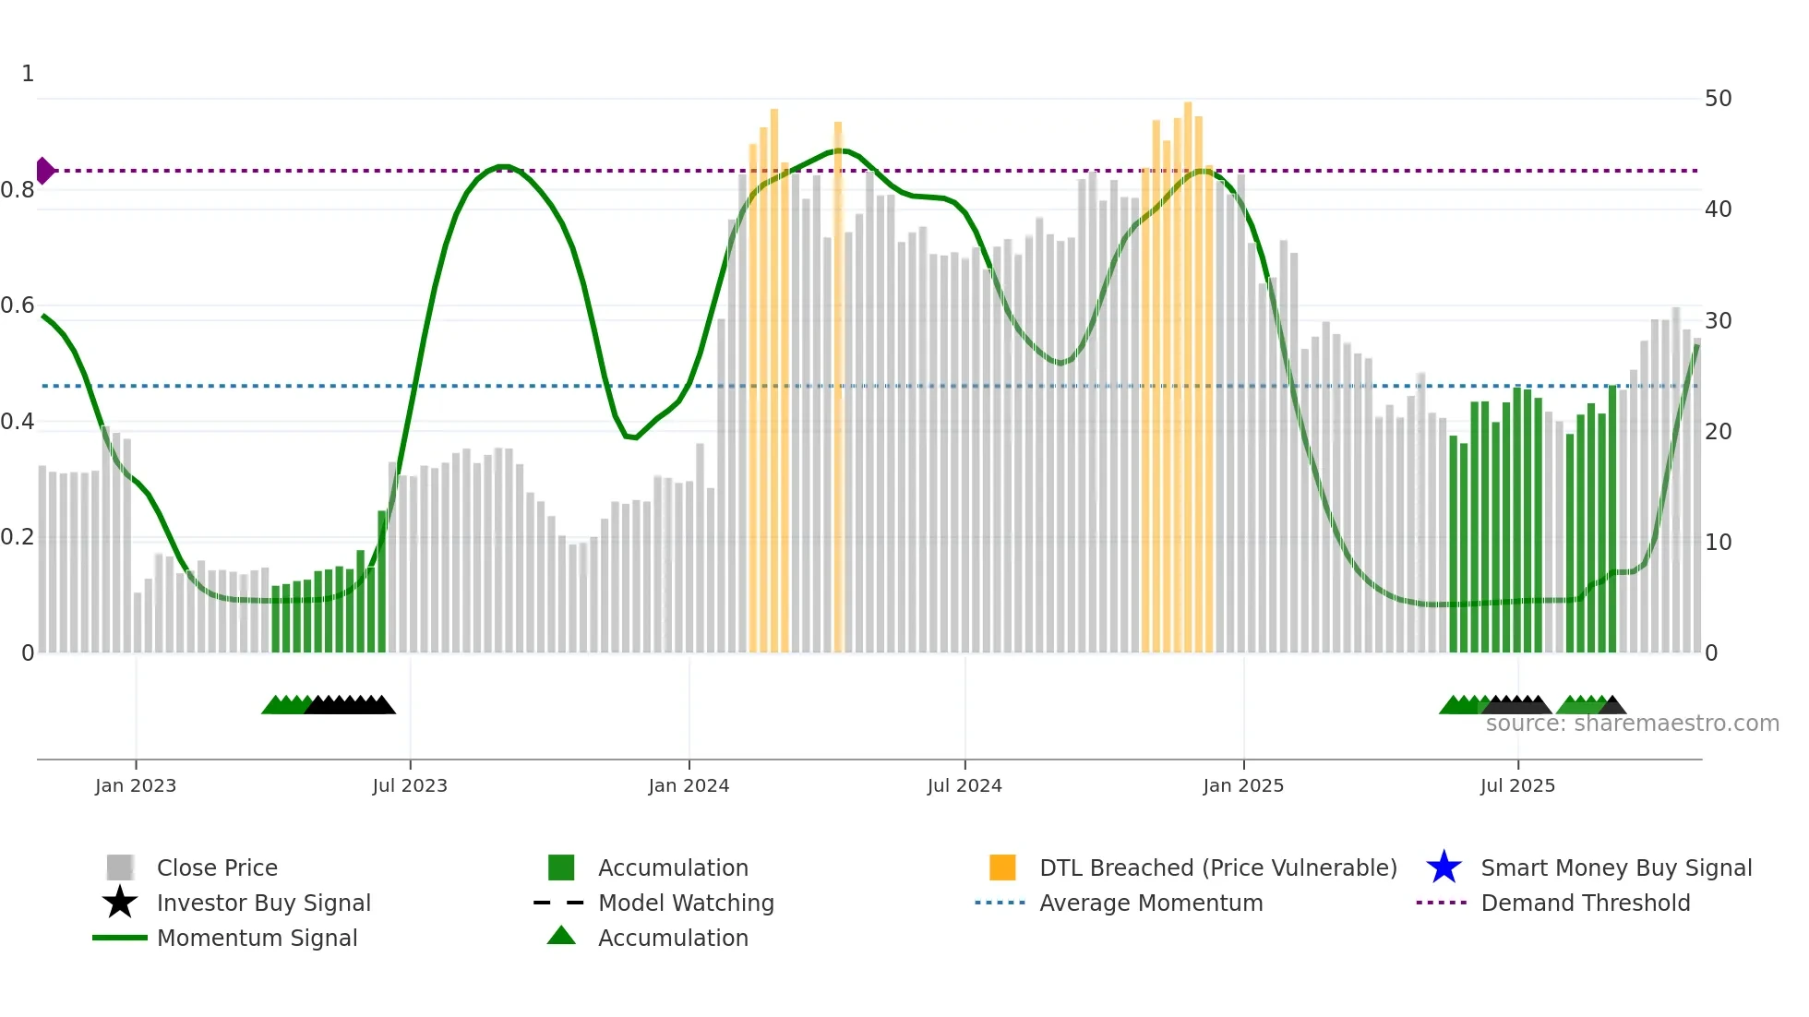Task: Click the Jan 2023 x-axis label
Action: click(x=136, y=785)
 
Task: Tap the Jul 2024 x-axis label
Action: click(x=964, y=785)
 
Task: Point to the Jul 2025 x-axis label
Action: click(x=1517, y=785)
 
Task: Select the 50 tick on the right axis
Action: click(x=1718, y=99)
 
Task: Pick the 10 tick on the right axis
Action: click(x=1718, y=543)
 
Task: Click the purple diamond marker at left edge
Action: click(x=44, y=171)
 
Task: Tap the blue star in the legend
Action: click(x=1444, y=867)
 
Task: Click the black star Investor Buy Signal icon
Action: click(x=120, y=903)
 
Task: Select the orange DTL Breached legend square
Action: click(x=1002, y=867)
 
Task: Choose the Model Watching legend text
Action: click(x=686, y=903)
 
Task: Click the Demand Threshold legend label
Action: click(x=1585, y=903)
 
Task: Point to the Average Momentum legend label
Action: click(x=1151, y=903)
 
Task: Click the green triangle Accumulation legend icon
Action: click(x=561, y=936)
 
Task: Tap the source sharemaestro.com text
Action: click(x=1632, y=724)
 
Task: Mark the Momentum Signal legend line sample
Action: click(x=120, y=938)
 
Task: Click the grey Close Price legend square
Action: click(x=120, y=867)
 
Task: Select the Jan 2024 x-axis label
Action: click(x=689, y=785)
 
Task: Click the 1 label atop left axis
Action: click(x=28, y=74)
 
